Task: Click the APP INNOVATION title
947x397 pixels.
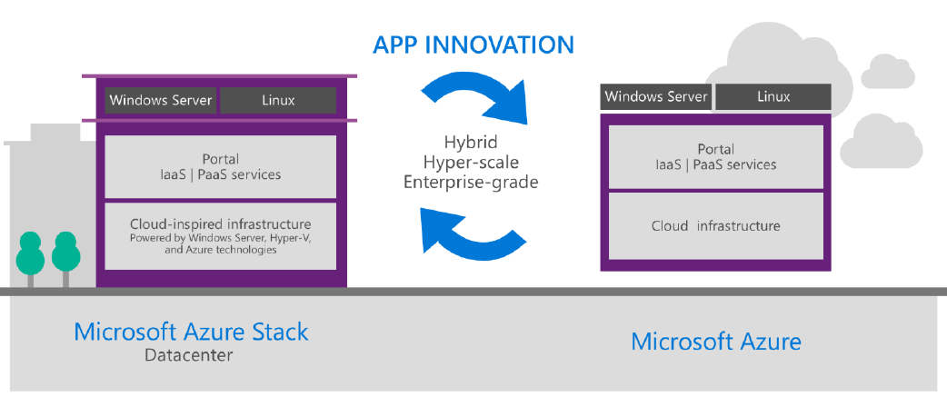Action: pos(473,45)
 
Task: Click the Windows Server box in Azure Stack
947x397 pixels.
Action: pos(161,100)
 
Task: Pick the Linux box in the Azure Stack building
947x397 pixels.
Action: pos(278,100)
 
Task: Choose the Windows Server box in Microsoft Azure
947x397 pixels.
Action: pos(656,96)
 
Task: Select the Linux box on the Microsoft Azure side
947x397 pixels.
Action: pos(773,96)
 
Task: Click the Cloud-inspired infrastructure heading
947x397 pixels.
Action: pos(221,223)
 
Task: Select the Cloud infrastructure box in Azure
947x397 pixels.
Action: pos(715,225)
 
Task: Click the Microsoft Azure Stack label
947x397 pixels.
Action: pos(191,332)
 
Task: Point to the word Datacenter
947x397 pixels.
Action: pos(188,355)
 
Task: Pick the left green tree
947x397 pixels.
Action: pos(31,252)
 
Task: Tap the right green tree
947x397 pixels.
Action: pos(66,252)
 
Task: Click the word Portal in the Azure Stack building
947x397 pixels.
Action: pos(221,158)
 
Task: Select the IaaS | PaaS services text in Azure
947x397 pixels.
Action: pos(715,164)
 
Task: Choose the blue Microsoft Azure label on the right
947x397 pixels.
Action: pos(716,342)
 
